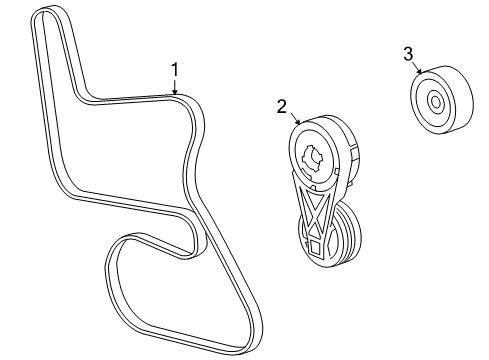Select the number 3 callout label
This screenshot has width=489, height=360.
[407, 53]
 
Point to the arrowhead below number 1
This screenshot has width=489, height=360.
[175, 94]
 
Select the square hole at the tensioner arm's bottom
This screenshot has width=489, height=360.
[316, 243]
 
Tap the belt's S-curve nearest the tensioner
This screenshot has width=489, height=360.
[199, 160]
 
